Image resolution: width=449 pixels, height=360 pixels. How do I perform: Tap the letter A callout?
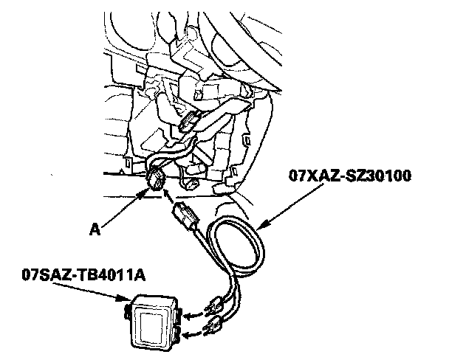coord(94,229)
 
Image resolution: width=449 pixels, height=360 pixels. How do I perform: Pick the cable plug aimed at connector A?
coord(185,218)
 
